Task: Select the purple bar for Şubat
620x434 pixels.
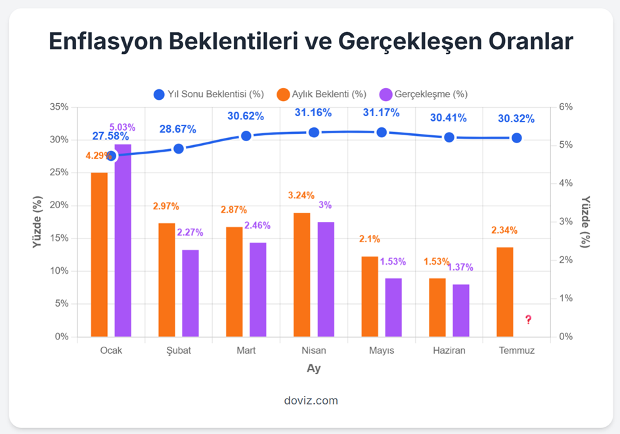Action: [x=190, y=293]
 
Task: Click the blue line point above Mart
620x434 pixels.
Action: [x=246, y=136]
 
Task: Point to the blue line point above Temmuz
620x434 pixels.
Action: [x=517, y=138]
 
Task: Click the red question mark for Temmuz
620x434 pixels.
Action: [x=528, y=320]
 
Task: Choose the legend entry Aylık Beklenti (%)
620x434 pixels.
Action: [x=321, y=94]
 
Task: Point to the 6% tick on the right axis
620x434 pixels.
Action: [x=566, y=107]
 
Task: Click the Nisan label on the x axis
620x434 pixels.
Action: [x=313, y=350]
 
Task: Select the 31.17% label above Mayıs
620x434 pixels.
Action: [x=381, y=113]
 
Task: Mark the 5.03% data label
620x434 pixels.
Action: [x=122, y=127]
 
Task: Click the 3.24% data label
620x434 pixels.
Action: [x=301, y=195]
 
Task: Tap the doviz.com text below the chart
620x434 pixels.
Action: [x=311, y=400]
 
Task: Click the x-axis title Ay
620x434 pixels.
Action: [x=314, y=368]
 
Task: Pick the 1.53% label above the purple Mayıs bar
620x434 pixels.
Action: [x=393, y=261]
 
